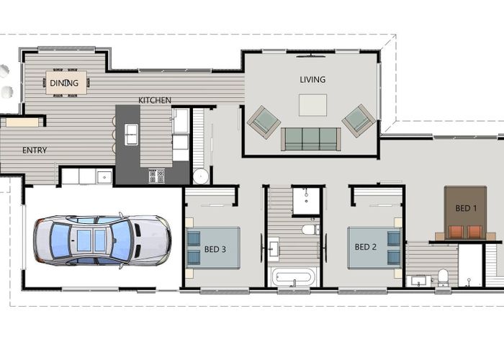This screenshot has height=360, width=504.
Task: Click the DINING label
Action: (x=64, y=83)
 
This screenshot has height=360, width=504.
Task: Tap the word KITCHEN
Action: (x=155, y=100)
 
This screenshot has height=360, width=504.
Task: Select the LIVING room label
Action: (x=312, y=79)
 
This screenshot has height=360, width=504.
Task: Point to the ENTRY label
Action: (x=35, y=150)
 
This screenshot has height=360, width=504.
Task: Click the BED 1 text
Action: (x=466, y=208)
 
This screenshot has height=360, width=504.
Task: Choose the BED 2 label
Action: (x=366, y=247)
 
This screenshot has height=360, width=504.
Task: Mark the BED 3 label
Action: (x=215, y=249)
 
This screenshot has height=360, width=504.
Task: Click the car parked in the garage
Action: (x=101, y=238)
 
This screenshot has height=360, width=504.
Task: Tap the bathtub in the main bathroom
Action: (x=293, y=276)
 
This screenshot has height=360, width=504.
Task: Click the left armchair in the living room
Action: (x=264, y=121)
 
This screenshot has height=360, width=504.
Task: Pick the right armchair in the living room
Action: (x=359, y=120)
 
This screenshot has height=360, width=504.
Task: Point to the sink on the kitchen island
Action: (x=131, y=133)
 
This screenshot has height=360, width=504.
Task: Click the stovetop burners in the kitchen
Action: (x=157, y=175)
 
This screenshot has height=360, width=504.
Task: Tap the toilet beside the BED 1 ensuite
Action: (x=444, y=277)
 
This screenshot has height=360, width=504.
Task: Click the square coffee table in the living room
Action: (x=312, y=105)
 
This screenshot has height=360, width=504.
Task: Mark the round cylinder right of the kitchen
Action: (x=200, y=176)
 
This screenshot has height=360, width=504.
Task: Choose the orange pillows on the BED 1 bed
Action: (x=466, y=231)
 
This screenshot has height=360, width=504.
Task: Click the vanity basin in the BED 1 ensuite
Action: (x=419, y=280)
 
